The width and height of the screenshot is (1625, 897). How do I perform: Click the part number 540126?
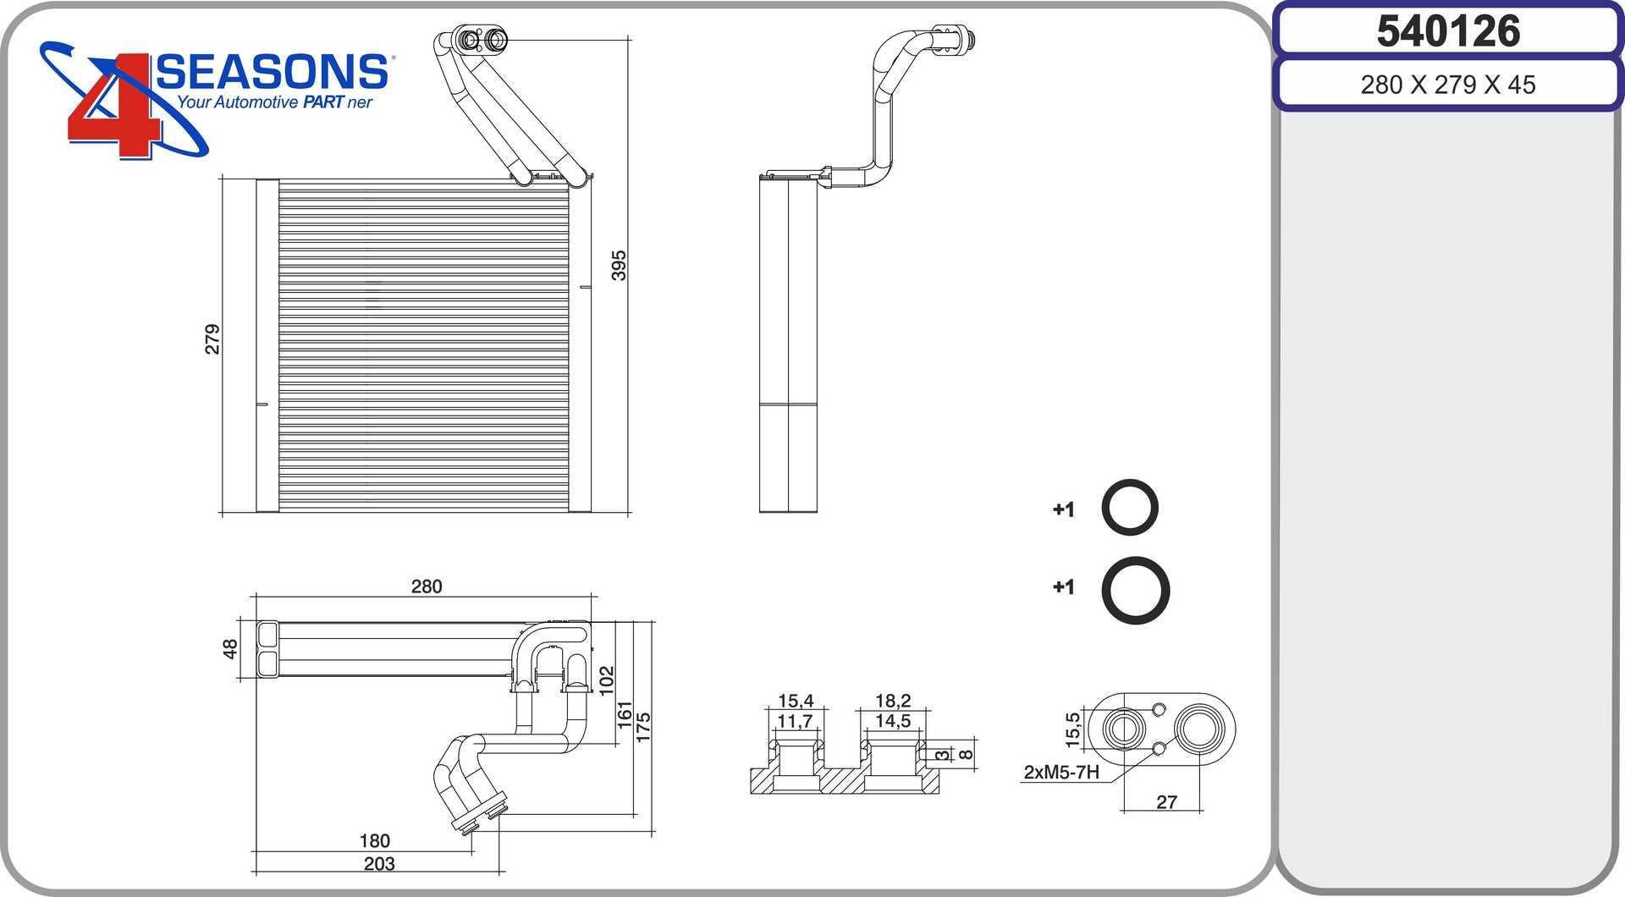[1448, 31]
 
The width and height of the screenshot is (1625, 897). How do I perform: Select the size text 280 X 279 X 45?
[1448, 85]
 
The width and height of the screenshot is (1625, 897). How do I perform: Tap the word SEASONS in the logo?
[272, 73]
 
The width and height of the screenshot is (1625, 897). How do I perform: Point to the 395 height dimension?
[619, 265]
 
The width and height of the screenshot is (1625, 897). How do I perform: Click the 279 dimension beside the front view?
[212, 338]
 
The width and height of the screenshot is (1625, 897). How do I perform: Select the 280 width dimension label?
[427, 586]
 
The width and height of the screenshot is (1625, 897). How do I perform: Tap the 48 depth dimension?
[229, 649]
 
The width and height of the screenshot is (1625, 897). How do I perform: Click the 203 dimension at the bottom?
[379, 864]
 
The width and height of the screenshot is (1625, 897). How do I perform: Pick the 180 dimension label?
[375, 841]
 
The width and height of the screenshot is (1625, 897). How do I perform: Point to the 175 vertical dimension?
[643, 728]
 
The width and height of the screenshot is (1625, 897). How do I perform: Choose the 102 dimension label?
[607, 681]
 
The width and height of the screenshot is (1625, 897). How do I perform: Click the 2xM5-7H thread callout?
[1061, 773]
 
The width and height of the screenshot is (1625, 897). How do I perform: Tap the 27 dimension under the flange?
[1166, 802]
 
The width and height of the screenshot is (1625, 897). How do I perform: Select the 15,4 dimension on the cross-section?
[796, 701]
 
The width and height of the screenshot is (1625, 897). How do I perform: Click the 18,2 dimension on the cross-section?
[893, 701]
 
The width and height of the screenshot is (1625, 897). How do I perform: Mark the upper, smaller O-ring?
[1130, 508]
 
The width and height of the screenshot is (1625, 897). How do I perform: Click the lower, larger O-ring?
[1136, 590]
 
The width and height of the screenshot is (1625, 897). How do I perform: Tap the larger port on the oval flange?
[1198, 728]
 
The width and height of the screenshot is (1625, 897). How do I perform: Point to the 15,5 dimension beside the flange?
[1072, 729]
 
